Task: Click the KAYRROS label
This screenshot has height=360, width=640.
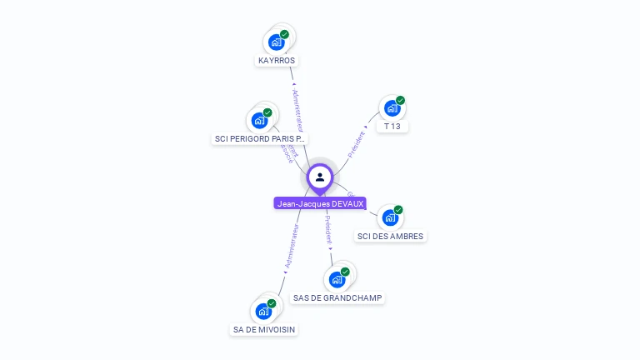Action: coord(277,61)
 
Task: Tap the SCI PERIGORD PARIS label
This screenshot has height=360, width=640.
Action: coord(261,138)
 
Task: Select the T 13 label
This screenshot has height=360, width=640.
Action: coord(392,127)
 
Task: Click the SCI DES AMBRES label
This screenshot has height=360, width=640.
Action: coord(390,236)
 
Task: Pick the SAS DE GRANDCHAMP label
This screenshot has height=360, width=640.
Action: coord(338,297)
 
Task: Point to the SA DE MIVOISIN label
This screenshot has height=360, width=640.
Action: coord(263,329)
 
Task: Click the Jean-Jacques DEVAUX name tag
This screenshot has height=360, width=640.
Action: coord(320,203)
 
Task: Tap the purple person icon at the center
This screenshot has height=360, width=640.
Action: coord(320,177)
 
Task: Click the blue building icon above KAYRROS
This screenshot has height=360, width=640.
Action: coord(276,42)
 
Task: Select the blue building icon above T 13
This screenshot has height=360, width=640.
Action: coord(392,108)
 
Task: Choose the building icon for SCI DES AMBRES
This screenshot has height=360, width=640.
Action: coord(389,218)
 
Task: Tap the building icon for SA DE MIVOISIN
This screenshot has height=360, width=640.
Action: coord(263,312)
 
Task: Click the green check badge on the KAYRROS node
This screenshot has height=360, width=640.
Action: coord(285,35)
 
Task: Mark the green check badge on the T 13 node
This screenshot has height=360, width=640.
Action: coord(401,101)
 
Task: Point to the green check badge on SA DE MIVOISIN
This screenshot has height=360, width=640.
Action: coord(272,303)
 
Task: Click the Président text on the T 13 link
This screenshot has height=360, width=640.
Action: coord(357,144)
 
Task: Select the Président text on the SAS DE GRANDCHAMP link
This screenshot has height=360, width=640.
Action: coord(328,228)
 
